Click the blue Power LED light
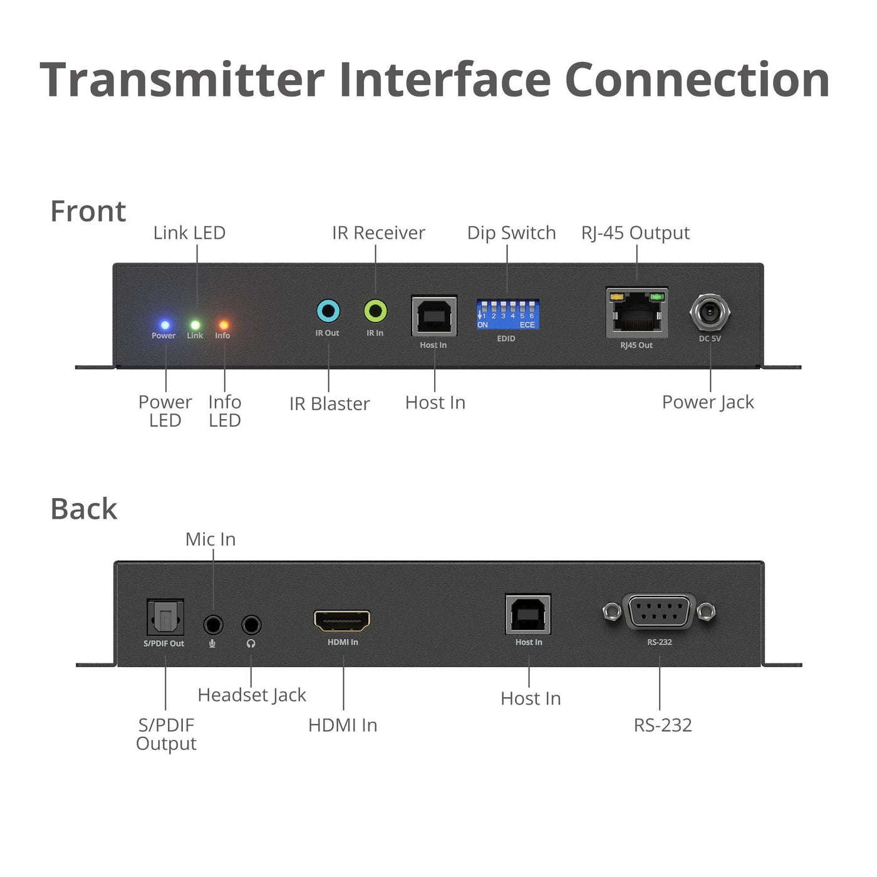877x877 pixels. click(165, 325)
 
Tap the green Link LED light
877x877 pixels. click(195, 325)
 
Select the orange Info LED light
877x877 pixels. click(224, 325)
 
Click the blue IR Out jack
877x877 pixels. click(328, 312)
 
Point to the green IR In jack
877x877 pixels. click(375, 311)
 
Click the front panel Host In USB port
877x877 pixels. click(434, 316)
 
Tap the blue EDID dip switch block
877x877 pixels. click(507, 314)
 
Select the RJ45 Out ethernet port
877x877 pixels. click(636, 312)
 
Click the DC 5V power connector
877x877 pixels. click(710, 312)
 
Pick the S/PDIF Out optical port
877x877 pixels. click(165, 617)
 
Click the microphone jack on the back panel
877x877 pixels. click(213, 625)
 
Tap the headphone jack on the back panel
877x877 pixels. click(251, 625)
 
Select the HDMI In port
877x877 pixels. click(342, 621)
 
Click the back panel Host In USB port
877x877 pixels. click(528, 614)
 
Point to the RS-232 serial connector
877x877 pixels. click(659, 612)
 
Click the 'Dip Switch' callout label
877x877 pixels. click(512, 233)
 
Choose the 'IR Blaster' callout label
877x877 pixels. click(330, 403)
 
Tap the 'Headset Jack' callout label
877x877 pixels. click(252, 695)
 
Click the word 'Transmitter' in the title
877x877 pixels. click(182, 80)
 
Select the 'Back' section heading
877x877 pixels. click(84, 509)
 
